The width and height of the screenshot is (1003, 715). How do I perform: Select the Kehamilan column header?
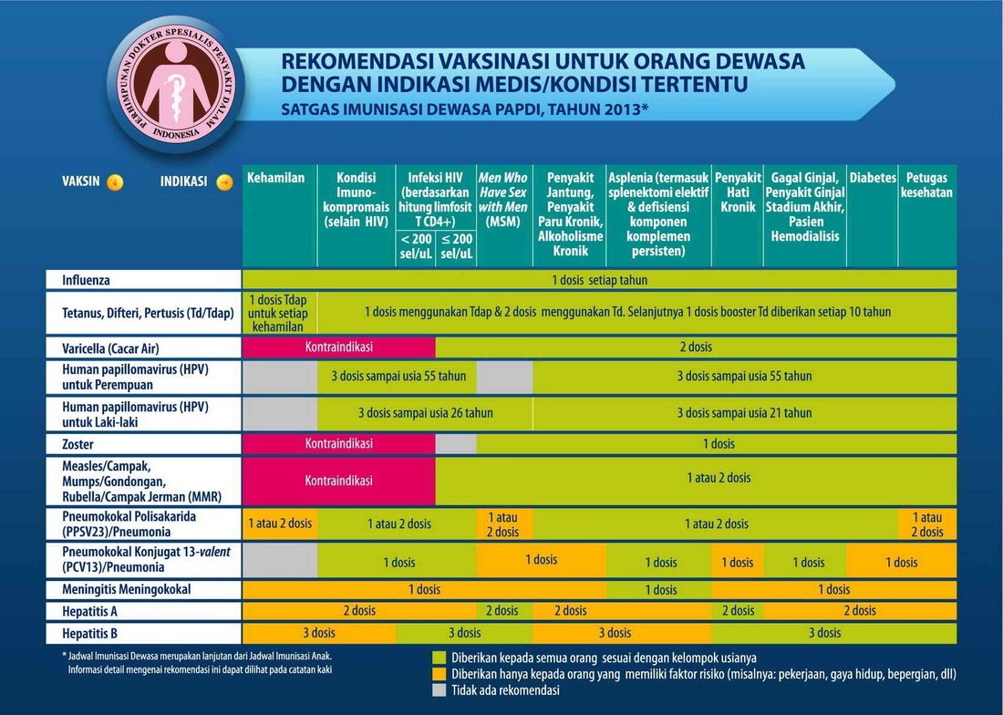[x=275, y=178]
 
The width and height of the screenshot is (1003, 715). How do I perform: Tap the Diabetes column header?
[x=873, y=178]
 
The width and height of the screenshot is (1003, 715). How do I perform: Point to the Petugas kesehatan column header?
[x=926, y=185]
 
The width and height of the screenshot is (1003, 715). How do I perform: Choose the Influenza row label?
[x=87, y=280]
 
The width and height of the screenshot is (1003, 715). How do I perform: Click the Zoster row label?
[x=79, y=444]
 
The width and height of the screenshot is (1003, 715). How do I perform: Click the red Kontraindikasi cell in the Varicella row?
[x=339, y=347]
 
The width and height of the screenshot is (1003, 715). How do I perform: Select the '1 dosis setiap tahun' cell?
[x=599, y=280]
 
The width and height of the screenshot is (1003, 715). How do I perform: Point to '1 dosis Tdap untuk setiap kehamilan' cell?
[x=279, y=313]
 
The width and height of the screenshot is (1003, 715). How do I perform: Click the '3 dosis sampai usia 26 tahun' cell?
[x=425, y=413]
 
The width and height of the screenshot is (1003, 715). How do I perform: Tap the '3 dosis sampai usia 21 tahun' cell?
[x=744, y=413]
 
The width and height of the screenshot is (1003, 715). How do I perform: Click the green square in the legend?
[x=439, y=657]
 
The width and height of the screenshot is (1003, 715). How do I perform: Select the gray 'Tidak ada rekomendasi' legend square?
[x=439, y=690]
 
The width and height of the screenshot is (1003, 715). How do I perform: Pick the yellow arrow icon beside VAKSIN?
[x=115, y=181]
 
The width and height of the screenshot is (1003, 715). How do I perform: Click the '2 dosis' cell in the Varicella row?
[x=696, y=347]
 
